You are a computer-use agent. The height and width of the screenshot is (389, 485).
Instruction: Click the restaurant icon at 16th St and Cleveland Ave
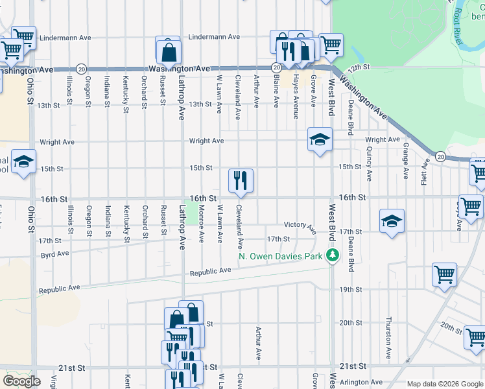pos(241,180)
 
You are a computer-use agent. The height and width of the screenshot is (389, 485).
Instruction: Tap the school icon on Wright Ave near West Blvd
pos(319,139)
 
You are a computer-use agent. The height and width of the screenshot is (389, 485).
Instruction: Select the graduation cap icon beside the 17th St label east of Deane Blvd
pos(392,221)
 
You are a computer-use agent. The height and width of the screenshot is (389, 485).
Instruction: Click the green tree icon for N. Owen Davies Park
pos(333,255)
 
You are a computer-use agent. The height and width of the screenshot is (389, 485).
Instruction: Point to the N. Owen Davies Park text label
pos(282,256)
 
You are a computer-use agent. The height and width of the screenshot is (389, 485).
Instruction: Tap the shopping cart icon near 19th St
pos(444,275)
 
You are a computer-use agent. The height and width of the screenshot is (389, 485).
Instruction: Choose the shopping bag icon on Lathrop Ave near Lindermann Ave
pos(168,50)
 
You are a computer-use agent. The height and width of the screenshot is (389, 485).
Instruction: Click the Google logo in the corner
pos(21,381)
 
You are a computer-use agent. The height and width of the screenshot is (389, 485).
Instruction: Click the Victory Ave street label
pos(300,226)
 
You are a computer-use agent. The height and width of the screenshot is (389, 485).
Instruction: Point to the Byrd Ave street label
pos(54,254)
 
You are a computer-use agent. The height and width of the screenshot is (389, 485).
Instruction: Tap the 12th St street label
pos(358,67)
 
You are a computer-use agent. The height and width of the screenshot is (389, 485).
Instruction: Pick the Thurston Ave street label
pos(388,338)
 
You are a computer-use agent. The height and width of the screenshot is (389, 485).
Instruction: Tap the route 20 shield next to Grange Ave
pos(440,156)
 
